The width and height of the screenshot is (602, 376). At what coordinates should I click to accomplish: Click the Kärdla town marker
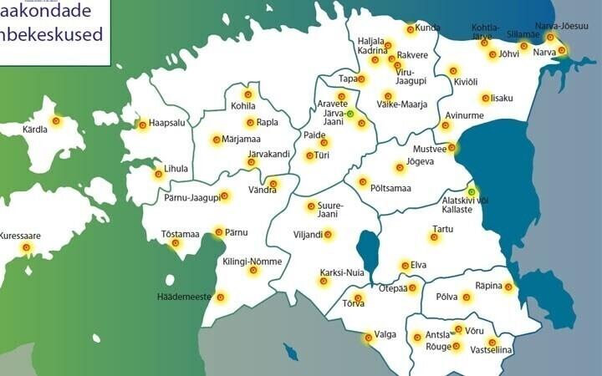pyautogui.click(x=56, y=120)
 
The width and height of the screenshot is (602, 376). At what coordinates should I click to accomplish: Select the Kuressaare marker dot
pyautogui.click(x=26, y=247)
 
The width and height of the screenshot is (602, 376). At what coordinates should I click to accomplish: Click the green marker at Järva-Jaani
pyautogui.click(x=350, y=114)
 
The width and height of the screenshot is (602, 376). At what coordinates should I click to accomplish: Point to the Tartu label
pyautogui.click(x=442, y=228)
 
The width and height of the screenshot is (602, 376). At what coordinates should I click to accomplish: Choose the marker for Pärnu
pyautogui.click(x=218, y=231)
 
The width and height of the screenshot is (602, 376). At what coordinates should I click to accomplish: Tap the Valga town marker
pyautogui.click(x=368, y=338)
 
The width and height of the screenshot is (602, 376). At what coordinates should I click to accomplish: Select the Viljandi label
pyautogui.click(x=308, y=235)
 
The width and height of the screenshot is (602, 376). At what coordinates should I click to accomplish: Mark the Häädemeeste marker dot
pyautogui.click(x=221, y=297)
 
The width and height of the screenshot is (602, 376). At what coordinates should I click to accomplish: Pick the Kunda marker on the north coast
pyautogui.click(x=411, y=29)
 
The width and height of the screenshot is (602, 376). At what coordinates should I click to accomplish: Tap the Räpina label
pyautogui.click(x=488, y=286)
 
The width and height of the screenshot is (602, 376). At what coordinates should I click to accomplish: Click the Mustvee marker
pyautogui.click(x=451, y=148)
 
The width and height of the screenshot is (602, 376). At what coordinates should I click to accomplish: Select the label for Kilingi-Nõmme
pyautogui.click(x=253, y=262)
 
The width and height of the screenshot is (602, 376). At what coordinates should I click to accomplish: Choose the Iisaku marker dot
pyautogui.click(x=485, y=98)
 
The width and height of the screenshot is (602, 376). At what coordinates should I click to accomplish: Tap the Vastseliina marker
pyautogui.click(x=492, y=342)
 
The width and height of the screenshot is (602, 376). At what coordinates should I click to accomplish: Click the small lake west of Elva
pyautogui.click(x=368, y=251)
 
